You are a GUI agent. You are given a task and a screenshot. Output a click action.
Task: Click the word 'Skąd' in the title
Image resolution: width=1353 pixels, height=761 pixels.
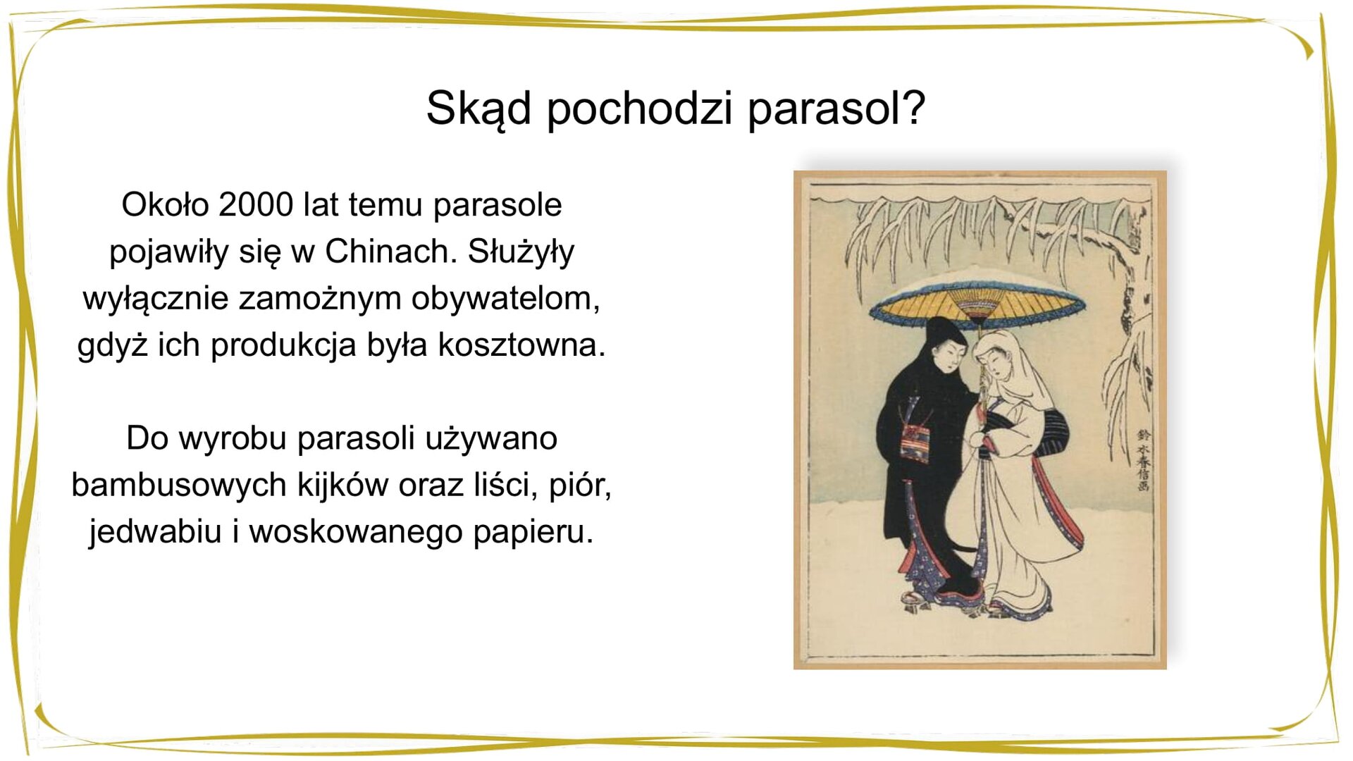(x=478, y=109)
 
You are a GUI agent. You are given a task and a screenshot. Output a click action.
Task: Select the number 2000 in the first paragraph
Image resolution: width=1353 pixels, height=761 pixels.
(x=256, y=205)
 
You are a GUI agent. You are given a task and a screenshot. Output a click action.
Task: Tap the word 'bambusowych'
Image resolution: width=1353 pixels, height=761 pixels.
(x=179, y=485)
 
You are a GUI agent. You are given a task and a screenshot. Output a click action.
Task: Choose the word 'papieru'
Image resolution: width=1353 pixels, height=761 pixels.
(x=533, y=531)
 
